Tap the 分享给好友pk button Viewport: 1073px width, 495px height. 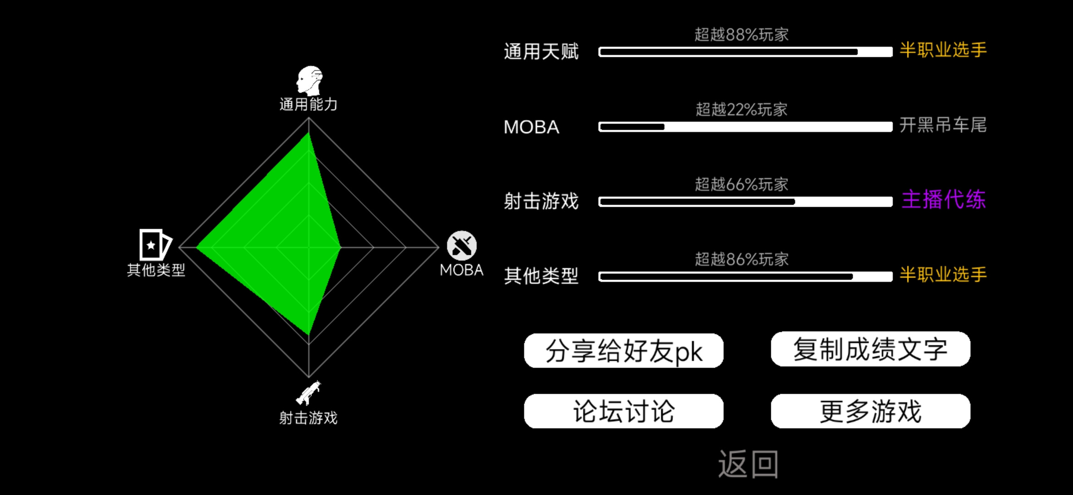pyautogui.click(x=624, y=351)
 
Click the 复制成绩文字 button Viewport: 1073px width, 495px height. pyautogui.click(x=870, y=349)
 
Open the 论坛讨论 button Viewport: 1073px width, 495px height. pyautogui.click(x=624, y=411)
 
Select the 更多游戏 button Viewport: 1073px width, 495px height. pyautogui.click(x=870, y=411)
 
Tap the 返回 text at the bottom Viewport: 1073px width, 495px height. pyautogui.click(x=748, y=464)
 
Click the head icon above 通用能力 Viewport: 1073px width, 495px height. pyautogui.click(x=310, y=81)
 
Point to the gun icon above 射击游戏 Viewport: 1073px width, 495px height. pyautogui.click(x=309, y=393)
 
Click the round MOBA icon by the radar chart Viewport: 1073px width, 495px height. pyautogui.click(x=462, y=246)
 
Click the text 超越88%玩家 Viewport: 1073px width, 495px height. pyautogui.click(x=741, y=34)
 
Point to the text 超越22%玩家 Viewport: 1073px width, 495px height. pyautogui.click(x=741, y=110)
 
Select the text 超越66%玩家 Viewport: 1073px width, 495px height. pyautogui.click(x=741, y=184)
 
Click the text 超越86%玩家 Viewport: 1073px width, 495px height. pyautogui.click(x=741, y=259)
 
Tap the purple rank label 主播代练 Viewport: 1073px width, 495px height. pyautogui.click(x=944, y=200)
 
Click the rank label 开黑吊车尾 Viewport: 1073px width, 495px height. pyautogui.click(x=943, y=125)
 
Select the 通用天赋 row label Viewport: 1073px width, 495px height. pyautogui.click(x=541, y=51)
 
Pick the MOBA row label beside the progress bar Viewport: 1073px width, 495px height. pyautogui.click(x=531, y=127)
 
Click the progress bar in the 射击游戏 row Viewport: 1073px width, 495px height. pyautogui.click(x=746, y=202)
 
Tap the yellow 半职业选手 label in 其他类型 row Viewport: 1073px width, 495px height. pyautogui.click(x=943, y=275)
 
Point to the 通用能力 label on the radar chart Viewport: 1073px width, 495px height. pyautogui.click(x=309, y=104)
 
